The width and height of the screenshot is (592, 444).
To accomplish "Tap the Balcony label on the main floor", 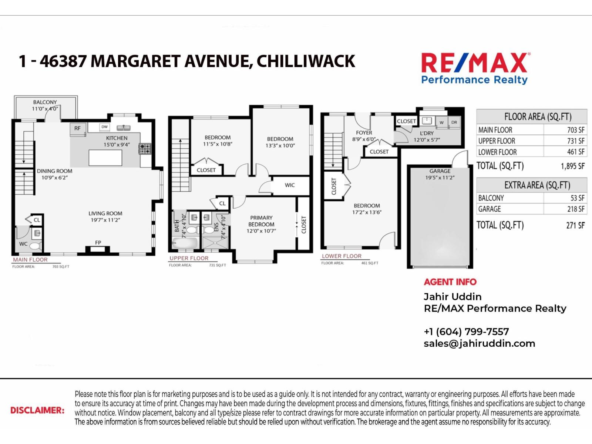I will [45, 102].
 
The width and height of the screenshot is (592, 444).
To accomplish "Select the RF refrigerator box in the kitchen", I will [77, 128].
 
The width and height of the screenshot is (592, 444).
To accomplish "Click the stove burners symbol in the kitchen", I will [144, 149].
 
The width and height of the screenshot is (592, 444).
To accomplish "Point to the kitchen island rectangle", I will [105, 158].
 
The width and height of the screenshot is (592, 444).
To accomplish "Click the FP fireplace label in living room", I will [98, 243].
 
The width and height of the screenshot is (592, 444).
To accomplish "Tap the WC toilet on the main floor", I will [35, 246].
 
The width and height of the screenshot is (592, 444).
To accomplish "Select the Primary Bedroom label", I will [261, 221].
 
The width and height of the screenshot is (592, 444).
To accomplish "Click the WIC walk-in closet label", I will [290, 185].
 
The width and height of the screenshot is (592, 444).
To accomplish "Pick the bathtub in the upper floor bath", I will [185, 243].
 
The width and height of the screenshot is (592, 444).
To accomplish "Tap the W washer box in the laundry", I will [441, 122].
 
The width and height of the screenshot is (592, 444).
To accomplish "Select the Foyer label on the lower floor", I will [364, 132].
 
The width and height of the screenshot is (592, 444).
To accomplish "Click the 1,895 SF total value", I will [572, 166].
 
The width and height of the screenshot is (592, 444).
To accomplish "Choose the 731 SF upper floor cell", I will [576, 141].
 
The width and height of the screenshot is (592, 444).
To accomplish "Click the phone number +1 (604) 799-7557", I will [466, 332].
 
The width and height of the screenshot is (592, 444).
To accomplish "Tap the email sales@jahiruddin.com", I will [479, 343].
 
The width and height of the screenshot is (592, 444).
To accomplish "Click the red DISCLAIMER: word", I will [37, 410].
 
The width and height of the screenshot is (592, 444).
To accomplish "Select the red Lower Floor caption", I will [341, 256].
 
